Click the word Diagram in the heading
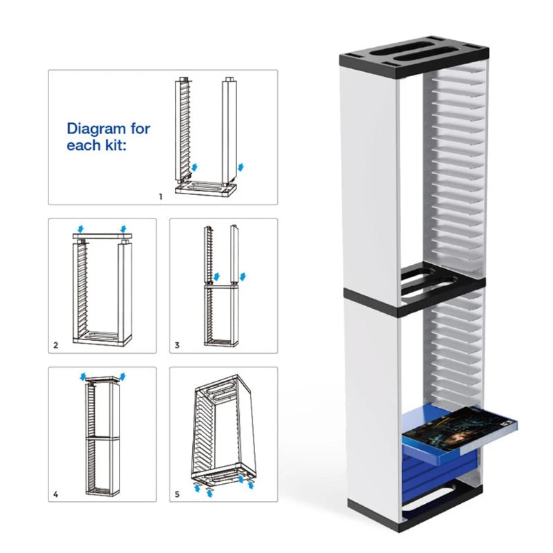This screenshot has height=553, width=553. pyautogui.click(x=93, y=129)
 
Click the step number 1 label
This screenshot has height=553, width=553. pyautogui.click(x=160, y=196)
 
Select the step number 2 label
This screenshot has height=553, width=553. pyautogui.click(x=56, y=344)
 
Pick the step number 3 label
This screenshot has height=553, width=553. pyautogui.click(x=178, y=344)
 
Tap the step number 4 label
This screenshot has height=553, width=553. pyautogui.click(x=56, y=495)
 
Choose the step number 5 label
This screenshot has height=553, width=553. pyautogui.click(x=178, y=495)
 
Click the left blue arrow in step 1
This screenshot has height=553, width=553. pyautogui.click(x=194, y=168)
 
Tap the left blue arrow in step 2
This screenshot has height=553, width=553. pyautogui.click(x=82, y=228)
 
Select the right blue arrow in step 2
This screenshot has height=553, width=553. pyautogui.click(x=123, y=228)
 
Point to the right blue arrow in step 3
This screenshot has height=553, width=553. pyautogui.click(x=241, y=277)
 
